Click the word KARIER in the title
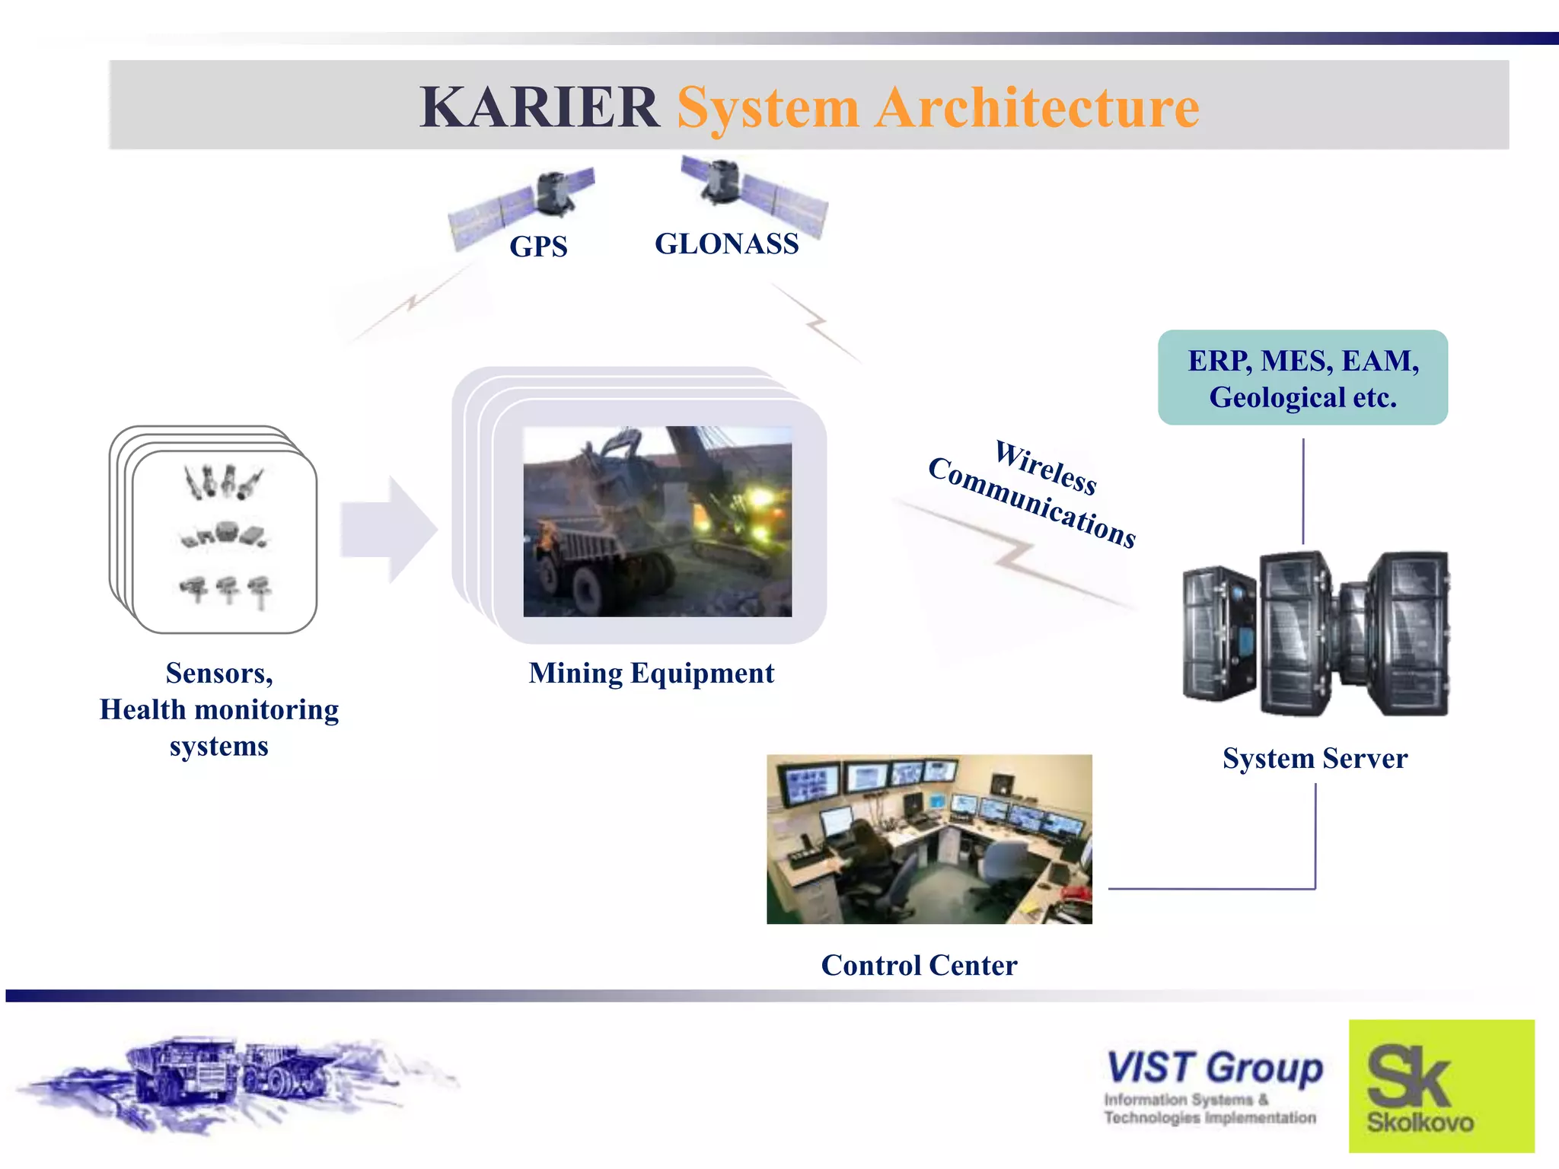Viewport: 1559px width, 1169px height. point(539,107)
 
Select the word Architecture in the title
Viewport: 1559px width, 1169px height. point(1037,107)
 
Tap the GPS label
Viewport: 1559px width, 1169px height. point(538,247)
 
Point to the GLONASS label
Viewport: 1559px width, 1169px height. point(726,244)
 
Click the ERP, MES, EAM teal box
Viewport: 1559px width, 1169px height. point(1302,377)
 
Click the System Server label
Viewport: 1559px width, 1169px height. point(1315,758)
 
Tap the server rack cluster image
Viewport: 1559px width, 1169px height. point(1315,634)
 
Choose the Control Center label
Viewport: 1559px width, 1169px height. point(919,965)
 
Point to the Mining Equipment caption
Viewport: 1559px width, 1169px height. point(651,673)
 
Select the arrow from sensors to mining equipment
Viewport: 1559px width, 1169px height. point(388,530)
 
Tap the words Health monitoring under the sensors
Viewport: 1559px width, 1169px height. point(219,709)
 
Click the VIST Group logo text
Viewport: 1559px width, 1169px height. point(1214,1067)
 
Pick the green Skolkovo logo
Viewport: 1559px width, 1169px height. point(1441,1086)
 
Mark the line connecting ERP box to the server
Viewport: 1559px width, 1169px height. point(1303,491)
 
